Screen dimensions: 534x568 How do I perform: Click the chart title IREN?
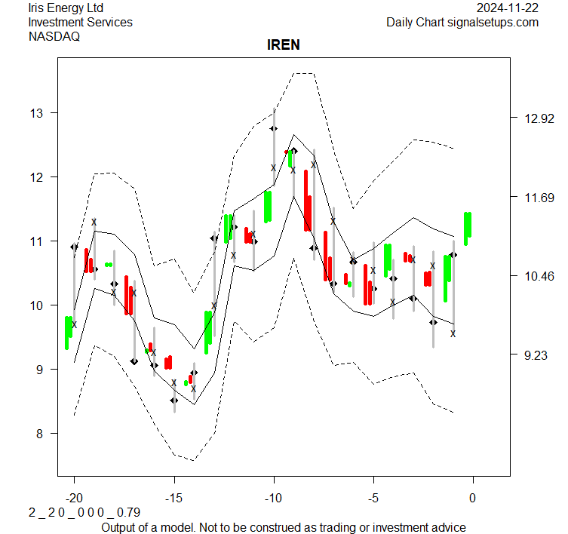tap(284, 45)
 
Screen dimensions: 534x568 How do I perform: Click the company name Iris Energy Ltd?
tap(66, 8)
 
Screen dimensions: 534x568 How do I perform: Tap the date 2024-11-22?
tap(508, 8)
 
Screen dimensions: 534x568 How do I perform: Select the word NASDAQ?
tap(54, 36)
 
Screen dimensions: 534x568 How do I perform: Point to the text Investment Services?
tap(80, 23)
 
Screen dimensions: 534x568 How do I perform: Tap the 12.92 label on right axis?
tap(535, 118)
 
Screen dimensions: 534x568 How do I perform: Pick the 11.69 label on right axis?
tap(535, 198)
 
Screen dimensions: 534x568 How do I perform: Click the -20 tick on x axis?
tap(74, 498)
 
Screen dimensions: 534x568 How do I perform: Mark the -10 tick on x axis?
tap(273, 498)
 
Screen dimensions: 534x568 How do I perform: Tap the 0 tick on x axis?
tap(473, 498)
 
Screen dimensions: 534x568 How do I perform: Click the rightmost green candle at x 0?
tap(468, 228)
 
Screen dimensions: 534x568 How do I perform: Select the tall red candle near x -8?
tap(307, 201)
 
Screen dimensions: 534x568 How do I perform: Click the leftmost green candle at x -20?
tap(68, 332)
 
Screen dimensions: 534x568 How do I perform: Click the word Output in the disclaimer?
tap(120, 527)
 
